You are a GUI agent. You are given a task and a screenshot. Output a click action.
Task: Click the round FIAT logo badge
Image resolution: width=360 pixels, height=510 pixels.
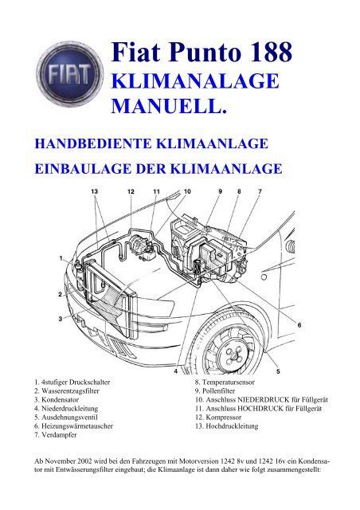click(70, 75)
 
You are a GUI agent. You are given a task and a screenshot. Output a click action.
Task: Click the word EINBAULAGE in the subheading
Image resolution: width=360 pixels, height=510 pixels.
click(82, 169)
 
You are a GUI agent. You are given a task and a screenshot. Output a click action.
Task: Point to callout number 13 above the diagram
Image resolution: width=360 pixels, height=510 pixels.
click(94, 191)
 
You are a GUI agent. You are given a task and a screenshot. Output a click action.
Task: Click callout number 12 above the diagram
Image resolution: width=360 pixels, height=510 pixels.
click(131, 191)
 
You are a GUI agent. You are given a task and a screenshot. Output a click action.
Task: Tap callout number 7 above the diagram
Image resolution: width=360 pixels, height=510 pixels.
click(260, 191)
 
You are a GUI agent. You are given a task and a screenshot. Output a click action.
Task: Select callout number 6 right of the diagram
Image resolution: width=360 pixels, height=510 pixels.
click(299, 324)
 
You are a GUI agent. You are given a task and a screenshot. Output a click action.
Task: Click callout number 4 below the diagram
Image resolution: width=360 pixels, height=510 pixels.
click(175, 371)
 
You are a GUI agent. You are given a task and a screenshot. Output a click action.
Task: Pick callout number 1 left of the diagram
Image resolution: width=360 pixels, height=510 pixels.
click(61, 258)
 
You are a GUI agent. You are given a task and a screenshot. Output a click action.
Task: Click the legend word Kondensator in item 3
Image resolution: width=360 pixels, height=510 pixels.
click(61, 400)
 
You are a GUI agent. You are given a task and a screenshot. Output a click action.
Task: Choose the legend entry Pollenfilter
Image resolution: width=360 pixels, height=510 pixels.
click(218, 391)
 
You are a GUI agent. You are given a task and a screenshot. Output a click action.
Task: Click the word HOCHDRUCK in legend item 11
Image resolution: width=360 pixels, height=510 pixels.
click(260, 409)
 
